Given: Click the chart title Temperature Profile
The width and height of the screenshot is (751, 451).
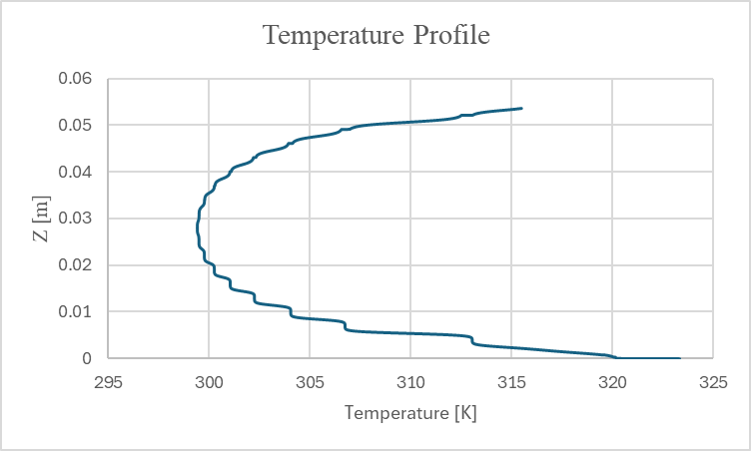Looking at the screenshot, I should [375, 36].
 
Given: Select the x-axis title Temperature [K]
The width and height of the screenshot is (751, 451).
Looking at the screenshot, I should [410, 412].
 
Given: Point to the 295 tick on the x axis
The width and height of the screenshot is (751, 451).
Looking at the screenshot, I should [108, 381].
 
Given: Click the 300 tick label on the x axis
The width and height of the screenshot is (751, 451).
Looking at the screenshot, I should [209, 381].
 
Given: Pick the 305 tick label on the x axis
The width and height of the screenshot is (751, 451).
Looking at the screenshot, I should [310, 381].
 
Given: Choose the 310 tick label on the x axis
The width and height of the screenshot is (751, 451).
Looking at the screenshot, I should [410, 381].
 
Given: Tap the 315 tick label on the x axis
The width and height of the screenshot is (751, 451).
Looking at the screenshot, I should [511, 381].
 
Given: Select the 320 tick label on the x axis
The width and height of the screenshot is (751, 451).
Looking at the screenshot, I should [612, 381].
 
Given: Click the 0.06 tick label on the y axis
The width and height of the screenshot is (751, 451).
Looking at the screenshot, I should [76, 79].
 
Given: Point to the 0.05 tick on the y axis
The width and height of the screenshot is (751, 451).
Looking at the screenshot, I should [76, 126].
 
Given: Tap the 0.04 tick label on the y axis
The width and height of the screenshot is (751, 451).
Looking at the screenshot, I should [76, 172].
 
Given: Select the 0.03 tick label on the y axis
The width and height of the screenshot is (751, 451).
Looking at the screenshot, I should [76, 219].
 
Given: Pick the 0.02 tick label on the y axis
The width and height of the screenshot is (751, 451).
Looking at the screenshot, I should [76, 265].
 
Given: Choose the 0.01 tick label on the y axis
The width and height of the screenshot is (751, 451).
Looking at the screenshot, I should [76, 311].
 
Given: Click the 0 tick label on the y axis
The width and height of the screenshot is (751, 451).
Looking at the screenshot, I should [88, 358].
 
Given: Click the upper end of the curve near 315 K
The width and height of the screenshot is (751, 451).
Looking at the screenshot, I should [521, 108].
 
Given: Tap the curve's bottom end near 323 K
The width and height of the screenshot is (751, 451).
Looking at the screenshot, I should [679, 358].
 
